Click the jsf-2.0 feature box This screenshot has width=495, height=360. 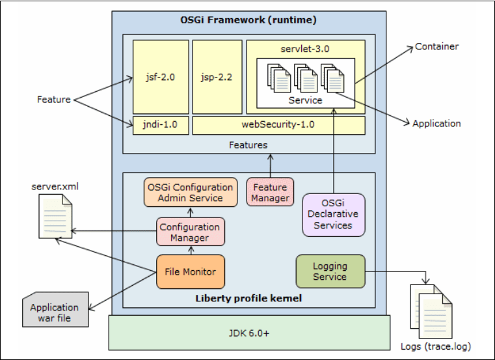tap(161, 77)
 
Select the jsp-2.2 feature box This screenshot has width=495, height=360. tap(217, 77)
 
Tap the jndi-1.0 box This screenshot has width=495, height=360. tap(161, 125)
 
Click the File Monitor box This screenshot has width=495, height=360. tap(191, 271)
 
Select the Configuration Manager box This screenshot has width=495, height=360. tap(190, 232)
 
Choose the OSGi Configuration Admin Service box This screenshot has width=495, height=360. tap(189, 192)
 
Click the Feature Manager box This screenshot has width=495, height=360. tap(270, 192)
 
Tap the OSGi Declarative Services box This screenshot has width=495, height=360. tap(333, 214)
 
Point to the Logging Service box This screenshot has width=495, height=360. tap(330, 271)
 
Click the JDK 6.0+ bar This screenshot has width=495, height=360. tap(249, 332)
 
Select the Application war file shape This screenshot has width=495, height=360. tap(55, 312)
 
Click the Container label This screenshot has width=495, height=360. tap(437, 46)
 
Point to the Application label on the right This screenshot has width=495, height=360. tap(436, 123)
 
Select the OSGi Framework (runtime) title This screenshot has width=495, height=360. tap(248, 20)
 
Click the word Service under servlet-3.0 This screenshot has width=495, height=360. tap(305, 100)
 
